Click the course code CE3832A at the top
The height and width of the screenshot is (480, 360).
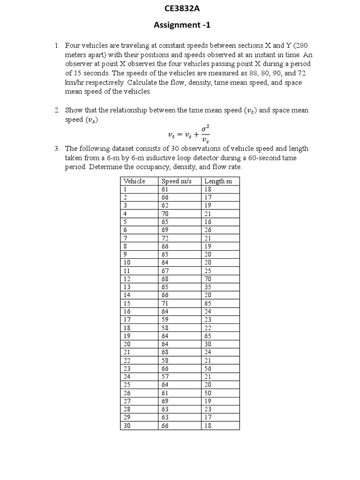(x=180, y=8)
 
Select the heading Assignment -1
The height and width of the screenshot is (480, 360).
(x=180, y=25)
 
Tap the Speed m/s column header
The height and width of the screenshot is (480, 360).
(x=176, y=181)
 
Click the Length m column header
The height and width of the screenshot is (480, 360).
(x=218, y=181)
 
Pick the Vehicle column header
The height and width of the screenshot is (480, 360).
(x=134, y=181)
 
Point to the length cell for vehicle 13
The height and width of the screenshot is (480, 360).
(x=208, y=287)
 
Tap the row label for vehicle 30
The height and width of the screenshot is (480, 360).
(x=127, y=426)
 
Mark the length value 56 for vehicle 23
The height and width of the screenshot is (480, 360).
(x=208, y=368)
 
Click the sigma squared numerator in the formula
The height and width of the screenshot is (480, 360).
(x=205, y=127)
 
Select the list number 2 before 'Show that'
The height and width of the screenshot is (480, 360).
(x=56, y=110)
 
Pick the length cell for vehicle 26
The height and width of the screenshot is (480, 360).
(x=208, y=393)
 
